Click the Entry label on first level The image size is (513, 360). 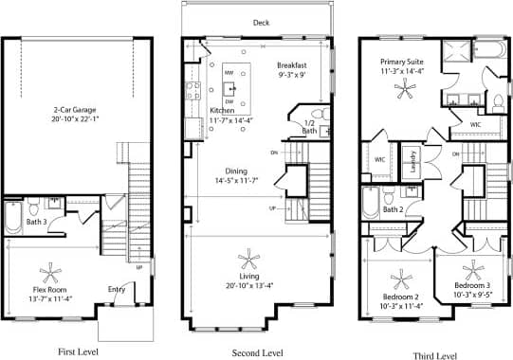tap(116, 289)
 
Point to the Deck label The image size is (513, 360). tap(261, 23)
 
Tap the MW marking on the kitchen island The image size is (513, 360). tap(229, 73)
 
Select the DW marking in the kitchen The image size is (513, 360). tap(229, 101)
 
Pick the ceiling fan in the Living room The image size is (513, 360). tap(248, 259)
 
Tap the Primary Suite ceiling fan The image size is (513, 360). tap(405, 89)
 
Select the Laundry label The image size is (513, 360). tap(411, 166)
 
